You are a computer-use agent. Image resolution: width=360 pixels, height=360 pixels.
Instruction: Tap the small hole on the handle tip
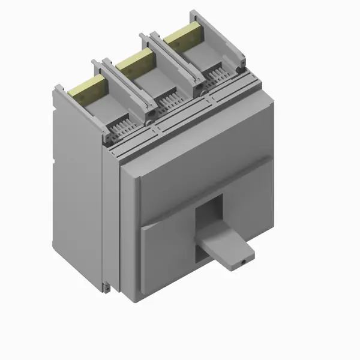(x=243, y=263)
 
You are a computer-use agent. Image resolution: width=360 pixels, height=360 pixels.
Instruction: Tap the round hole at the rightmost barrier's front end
(x=241, y=70)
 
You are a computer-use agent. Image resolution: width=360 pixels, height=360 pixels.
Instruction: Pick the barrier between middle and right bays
(x=174, y=63)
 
